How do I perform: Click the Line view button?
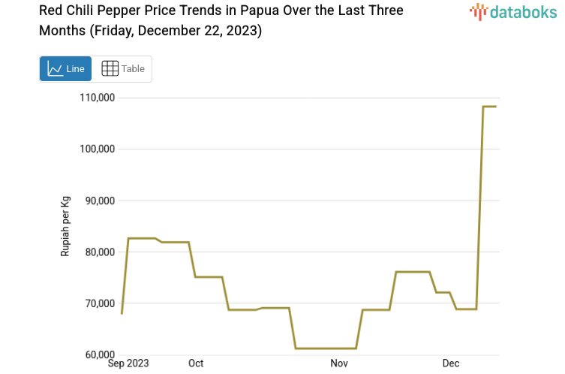(x=65, y=68)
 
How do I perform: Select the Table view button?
(x=122, y=68)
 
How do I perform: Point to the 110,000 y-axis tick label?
(x=97, y=98)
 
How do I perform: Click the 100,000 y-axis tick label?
(x=97, y=149)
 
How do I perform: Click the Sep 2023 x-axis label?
(x=128, y=363)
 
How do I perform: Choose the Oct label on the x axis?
(x=196, y=363)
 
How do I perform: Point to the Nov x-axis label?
(x=339, y=363)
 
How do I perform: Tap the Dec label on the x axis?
(x=450, y=363)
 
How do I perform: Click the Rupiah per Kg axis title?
(x=65, y=226)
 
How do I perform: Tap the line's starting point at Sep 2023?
(x=122, y=313)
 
